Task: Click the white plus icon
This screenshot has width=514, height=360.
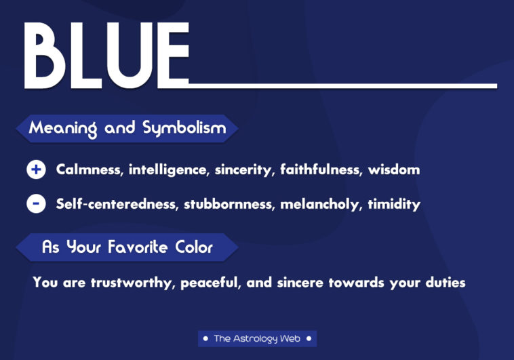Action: pos(36,169)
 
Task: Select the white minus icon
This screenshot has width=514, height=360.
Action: pos(36,203)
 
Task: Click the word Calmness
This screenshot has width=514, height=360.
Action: pos(88,169)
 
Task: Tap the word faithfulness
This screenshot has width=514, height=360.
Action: pos(321,169)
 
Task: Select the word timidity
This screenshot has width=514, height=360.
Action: pos(394,204)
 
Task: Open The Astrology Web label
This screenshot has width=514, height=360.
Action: pos(257,338)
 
